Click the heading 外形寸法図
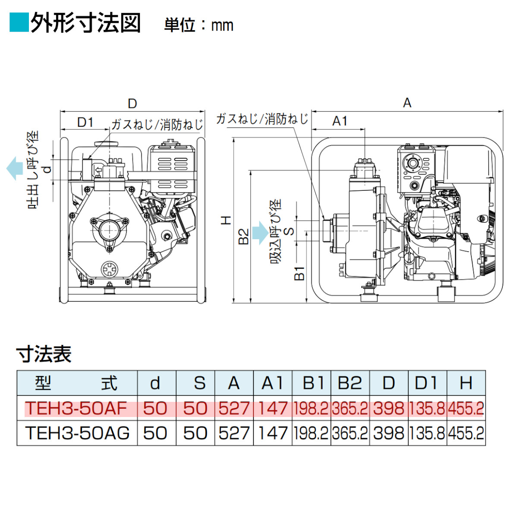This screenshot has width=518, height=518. coord(85,23)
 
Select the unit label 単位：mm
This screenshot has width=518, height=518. coord(199,25)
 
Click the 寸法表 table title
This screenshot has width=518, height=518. coord(44,354)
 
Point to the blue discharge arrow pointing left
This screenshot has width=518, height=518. coord(14,168)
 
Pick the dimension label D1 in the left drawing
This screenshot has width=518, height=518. coord(85,123)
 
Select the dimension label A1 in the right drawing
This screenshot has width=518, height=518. coord(340,121)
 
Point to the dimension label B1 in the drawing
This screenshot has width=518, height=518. coord(299,273)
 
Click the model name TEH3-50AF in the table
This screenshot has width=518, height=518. coord(76,408)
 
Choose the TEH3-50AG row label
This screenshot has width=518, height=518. coord(77,433)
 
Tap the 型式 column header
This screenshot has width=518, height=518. coord(76,383)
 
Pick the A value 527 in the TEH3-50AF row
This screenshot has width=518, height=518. coord(234,408)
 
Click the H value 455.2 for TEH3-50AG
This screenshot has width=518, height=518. coord(466,433)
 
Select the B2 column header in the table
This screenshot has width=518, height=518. coord(350,383)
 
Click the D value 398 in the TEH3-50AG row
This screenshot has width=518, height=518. coord(389,433)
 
